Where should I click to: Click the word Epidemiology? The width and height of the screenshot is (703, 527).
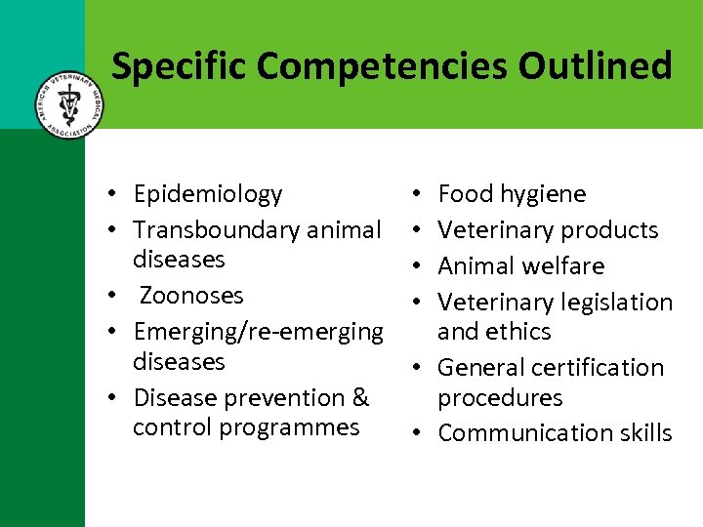(208, 194)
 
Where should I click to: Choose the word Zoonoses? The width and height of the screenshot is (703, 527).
(192, 295)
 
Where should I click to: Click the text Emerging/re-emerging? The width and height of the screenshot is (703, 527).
(259, 332)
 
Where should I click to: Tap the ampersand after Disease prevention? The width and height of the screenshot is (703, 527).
(360, 397)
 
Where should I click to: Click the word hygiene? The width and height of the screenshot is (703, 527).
(543, 194)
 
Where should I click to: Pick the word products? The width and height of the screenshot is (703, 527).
(610, 230)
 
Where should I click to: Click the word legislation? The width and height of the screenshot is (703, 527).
(618, 303)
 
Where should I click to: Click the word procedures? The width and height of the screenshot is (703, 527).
(500, 398)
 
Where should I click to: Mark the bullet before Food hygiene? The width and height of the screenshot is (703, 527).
(417, 195)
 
